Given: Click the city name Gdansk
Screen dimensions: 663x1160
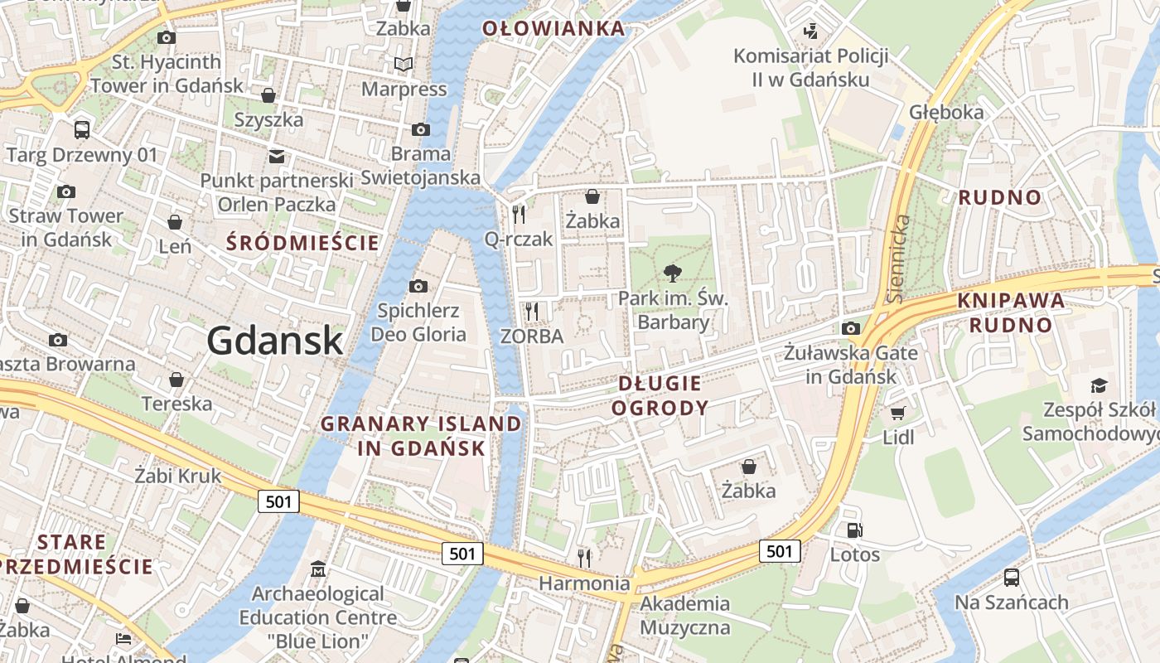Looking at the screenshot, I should pos(274,341).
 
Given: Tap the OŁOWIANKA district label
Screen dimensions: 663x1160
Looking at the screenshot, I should pos(553,28).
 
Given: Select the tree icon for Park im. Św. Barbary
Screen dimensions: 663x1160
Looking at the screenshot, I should pos(673,273).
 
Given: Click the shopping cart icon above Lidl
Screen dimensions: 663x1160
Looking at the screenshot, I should pos(897,412).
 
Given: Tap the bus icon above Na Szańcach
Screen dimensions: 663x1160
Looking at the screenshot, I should pos(1011,577).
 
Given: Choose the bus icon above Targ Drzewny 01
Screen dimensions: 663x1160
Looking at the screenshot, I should pos(81,129).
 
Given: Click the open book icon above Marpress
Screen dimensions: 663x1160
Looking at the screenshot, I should pos(404,64).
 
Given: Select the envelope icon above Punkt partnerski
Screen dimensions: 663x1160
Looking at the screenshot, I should pos(276,156).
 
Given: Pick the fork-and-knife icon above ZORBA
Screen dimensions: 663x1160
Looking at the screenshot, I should pos(532,311).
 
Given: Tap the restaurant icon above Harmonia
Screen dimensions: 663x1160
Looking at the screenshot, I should pos(584,558).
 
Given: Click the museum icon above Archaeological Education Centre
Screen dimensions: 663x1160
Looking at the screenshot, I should pos(318,569).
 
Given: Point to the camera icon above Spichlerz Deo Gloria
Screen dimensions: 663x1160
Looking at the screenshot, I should pos(418,286).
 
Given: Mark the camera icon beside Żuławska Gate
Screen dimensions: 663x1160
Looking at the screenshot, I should pos(850,328).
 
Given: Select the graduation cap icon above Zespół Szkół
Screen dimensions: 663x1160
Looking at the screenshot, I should pos(1099,385).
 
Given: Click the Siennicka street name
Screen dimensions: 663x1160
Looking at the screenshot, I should pos(897,257).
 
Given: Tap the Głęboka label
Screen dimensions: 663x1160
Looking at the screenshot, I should pos(946,112).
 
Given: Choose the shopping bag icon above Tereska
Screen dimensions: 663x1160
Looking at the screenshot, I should pos(176,380).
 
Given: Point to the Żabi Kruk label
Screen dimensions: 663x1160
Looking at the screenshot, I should pos(178,475).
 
